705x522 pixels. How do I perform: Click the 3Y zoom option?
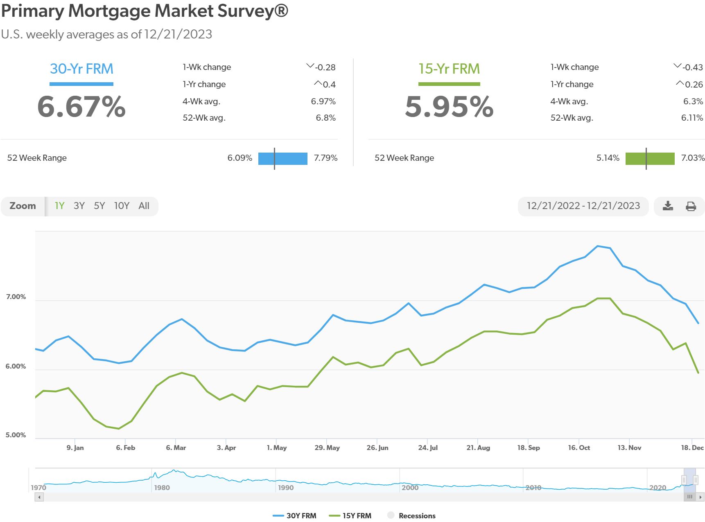(x=79, y=206)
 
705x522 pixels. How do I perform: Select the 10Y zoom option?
(x=122, y=206)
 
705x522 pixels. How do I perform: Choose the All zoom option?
(x=144, y=206)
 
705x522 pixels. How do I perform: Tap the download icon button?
(x=668, y=206)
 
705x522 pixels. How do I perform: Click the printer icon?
(x=691, y=206)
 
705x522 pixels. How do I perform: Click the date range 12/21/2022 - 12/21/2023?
(x=583, y=206)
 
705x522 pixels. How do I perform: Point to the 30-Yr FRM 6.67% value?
(x=81, y=107)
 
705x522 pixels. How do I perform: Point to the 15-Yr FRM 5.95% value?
(x=449, y=107)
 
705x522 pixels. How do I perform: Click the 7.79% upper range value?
(x=325, y=158)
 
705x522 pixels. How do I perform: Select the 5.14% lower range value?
(x=608, y=158)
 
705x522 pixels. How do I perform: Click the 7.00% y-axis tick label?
(x=16, y=297)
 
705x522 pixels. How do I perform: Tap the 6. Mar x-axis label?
(x=176, y=448)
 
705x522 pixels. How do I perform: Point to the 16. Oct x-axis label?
(x=578, y=448)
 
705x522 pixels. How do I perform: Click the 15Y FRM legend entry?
(x=350, y=515)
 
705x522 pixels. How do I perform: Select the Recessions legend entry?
(x=411, y=515)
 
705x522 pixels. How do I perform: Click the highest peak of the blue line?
(x=598, y=246)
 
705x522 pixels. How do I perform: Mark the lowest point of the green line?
(x=119, y=429)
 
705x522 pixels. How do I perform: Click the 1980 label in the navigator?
(x=162, y=488)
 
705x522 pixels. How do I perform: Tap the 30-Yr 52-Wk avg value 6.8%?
(x=325, y=118)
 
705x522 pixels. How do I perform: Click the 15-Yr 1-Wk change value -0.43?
(x=692, y=67)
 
